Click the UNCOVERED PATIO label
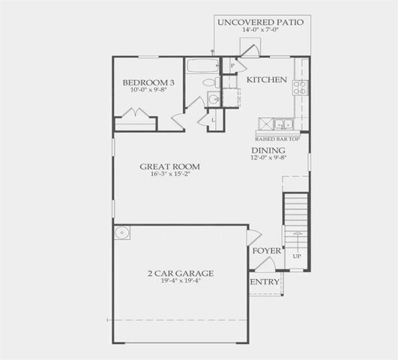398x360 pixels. coord(260,22)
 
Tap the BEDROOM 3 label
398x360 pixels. coord(149,82)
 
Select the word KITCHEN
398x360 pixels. coord(267,79)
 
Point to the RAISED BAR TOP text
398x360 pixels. coord(277,139)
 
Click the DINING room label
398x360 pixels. coord(268,149)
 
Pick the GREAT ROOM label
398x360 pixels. coord(170,166)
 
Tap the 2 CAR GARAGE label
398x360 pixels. coord(181,273)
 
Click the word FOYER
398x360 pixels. coord(266,250)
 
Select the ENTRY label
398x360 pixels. coord(265,282)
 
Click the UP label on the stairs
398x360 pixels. coord(297,256)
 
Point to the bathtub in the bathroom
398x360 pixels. coord(202,66)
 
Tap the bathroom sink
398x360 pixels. coord(213,99)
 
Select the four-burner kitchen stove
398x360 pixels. coord(300,86)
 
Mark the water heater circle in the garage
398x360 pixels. coord(123,233)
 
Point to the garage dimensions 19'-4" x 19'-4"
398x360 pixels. coord(181,281)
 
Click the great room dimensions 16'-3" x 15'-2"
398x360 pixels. coord(170,174)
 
